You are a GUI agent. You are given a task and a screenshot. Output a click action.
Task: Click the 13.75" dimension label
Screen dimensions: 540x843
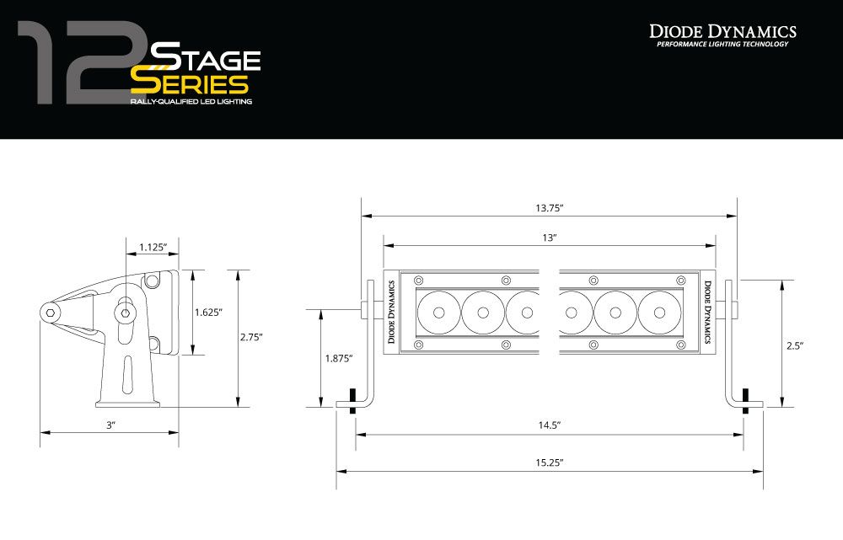pos(549,207)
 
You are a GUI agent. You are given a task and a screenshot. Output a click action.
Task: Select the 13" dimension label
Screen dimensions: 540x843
pos(549,238)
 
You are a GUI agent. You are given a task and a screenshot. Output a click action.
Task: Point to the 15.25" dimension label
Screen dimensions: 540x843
pos(549,462)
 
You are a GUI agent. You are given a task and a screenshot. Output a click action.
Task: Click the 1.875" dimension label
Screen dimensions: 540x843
pos(339,358)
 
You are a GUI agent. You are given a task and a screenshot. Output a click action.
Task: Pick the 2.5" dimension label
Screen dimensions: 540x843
pos(794,345)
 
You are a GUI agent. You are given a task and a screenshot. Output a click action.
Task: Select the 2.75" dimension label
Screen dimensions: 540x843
pos(250,337)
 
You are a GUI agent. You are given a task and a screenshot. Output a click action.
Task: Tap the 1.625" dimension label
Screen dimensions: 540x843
pos(207,312)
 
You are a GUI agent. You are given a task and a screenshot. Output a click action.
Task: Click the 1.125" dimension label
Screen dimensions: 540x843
pos(153,247)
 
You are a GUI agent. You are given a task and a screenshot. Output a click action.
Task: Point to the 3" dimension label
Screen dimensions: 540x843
pos(110,425)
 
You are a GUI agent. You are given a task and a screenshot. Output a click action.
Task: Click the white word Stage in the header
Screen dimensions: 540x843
pos(205,60)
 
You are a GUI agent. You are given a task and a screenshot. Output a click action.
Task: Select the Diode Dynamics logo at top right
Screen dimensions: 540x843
pos(722,35)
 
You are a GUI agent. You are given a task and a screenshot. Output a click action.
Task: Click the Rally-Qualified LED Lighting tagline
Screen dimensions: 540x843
pos(191,101)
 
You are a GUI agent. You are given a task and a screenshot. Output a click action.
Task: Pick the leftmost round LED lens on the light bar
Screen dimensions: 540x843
pos(439,313)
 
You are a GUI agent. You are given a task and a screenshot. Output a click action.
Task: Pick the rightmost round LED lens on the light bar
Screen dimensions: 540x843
pos(658,313)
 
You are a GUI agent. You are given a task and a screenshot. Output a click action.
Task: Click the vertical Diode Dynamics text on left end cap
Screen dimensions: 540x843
pos(391,313)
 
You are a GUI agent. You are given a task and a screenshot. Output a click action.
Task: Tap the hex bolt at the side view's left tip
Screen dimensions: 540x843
pos(52,313)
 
